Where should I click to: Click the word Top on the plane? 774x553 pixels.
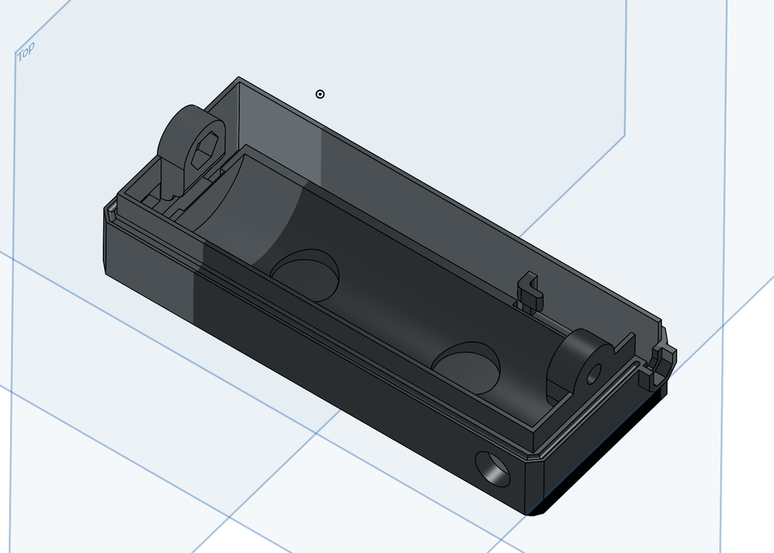click(x=26, y=51)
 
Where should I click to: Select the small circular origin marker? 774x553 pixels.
click(x=320, y=94)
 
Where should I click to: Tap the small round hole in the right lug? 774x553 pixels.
click(x=594, y=372)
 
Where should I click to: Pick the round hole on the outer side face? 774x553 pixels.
click(x=495, y=469)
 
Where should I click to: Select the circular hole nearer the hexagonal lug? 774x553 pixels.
click(x=305, y=274)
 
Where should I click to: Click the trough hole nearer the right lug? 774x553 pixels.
click(x=466, y=367)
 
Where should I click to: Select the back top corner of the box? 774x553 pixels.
click(x=240, y=79)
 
